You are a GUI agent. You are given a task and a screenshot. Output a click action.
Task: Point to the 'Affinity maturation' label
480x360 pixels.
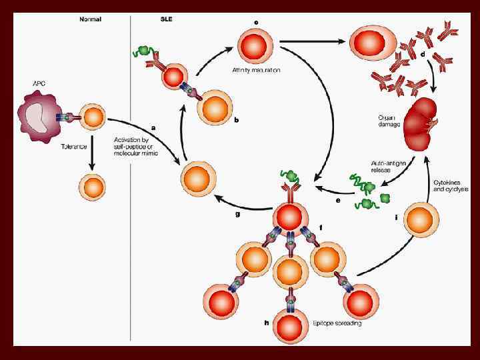pos(256,70)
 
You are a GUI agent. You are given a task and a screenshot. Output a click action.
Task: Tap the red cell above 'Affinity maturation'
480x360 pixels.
pos(255,45)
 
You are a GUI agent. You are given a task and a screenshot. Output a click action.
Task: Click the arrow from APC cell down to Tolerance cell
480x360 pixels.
pos(91,151)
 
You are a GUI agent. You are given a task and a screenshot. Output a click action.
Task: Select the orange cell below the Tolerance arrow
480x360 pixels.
pos(92,187)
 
